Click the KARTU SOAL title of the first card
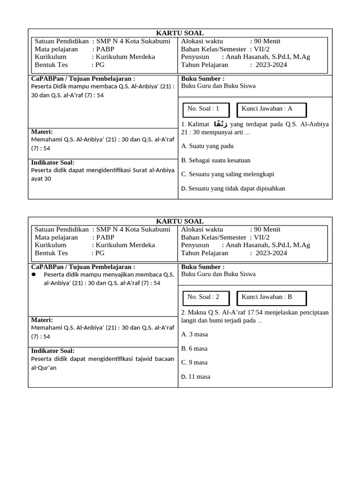[x=180, y=33]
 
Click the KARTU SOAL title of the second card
[x=180, y=221]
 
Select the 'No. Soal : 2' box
[x=206, y=298]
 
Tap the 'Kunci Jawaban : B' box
[x=271, y=298]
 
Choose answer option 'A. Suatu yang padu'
[x=207, y=146]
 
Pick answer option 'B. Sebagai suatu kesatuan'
[x=216, y=160]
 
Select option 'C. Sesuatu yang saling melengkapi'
[x=227, y=174]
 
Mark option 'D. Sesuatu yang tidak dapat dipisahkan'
[x=233, y=188]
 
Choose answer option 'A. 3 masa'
[x=195, y=334]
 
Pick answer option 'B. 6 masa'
[x=195, y=348]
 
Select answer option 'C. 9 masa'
[x=195, y=362]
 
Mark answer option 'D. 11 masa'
[x=196, y=376]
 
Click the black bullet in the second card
[x=34, y=274]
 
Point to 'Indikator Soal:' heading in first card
[x=52, y=162]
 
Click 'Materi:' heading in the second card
[x=42, y=320]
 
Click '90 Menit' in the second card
[x=267, y=229]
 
